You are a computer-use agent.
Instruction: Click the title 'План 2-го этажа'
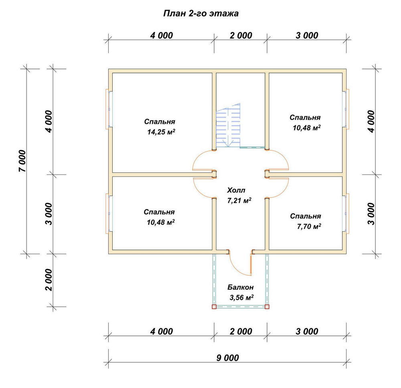tap(201, 13)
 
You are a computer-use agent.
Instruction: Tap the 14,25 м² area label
tap(161, 132)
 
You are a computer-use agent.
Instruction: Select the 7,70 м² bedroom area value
tap(309, 226)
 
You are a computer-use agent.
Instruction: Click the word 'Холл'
tap(236, 190)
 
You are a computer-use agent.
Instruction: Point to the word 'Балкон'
tap(240, 287)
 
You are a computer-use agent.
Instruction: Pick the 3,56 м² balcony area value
tap(241, 297)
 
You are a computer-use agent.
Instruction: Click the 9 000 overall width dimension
tap(228, 358)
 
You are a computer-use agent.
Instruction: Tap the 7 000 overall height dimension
tap(22, 161)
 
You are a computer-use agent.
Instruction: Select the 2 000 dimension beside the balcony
tap(49, 280)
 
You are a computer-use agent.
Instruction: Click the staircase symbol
tap(228, 125)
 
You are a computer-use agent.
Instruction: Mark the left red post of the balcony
tap(214, 307)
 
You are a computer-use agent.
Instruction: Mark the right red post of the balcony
tap(267, 307)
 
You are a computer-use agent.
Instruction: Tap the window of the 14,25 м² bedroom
tap(109, 109)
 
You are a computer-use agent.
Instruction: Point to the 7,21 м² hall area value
tap(239, 201)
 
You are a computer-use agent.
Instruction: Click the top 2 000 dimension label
tap(241, 36)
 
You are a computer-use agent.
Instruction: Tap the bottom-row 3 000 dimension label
tap(307, 331)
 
